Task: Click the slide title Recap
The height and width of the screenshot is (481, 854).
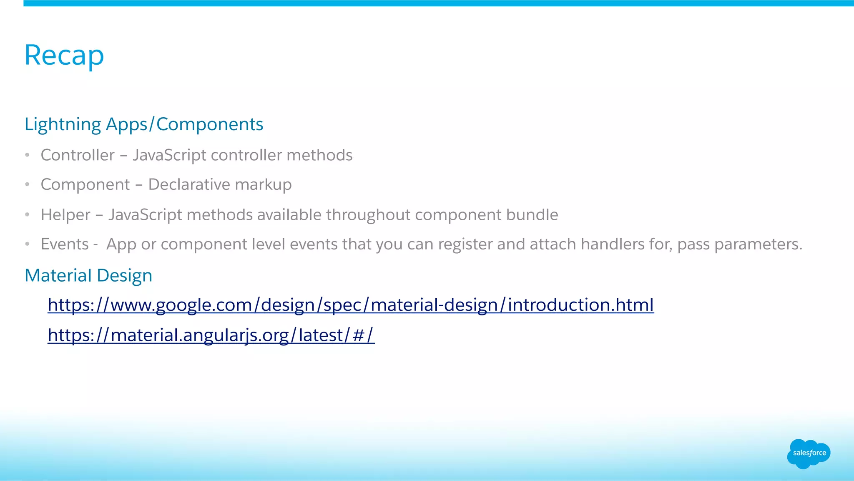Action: click(64, 55)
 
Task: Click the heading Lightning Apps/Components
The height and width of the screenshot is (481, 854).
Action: click(144, 124)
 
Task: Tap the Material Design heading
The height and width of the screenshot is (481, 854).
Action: click(88, 275)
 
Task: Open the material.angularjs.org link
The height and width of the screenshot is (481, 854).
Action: click(211, 335)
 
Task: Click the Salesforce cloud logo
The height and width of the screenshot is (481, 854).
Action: click(809, 453)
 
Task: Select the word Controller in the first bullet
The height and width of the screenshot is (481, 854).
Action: click(78, 155)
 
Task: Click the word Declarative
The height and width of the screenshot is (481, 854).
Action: click(189, 184)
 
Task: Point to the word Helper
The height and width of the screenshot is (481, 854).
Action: click(65, 215)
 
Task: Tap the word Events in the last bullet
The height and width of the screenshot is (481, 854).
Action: click(65, 244)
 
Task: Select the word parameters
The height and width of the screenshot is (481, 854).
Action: click(758, 244)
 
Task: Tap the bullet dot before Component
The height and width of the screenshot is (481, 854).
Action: click(27, 184)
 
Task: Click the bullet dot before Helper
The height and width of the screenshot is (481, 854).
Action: click(27, 215)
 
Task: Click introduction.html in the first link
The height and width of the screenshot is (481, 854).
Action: click(580, 305)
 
